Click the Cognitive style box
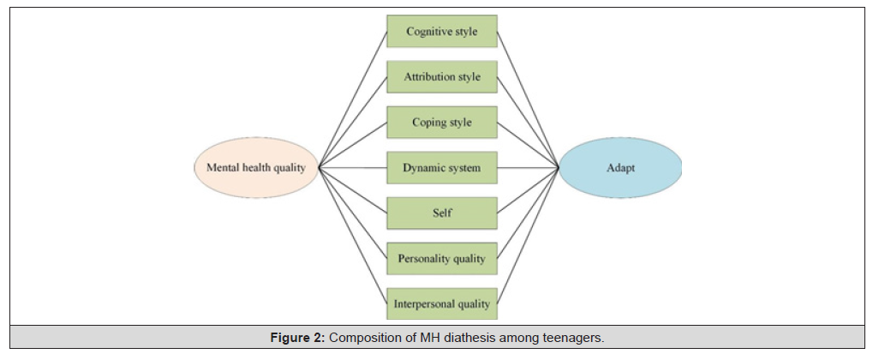442,32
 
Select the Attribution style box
442,77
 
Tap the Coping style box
442,123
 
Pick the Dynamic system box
442,168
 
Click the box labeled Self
442,213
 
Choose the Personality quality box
442,259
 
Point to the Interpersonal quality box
442,304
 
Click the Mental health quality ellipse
256,168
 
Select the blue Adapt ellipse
620,168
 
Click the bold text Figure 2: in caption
297,338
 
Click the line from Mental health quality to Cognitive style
353,99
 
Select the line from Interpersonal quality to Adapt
528,236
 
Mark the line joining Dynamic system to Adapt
528,168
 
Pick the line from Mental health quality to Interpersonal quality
353,236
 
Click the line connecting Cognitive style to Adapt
528,99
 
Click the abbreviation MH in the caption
432,338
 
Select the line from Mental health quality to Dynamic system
353,168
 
